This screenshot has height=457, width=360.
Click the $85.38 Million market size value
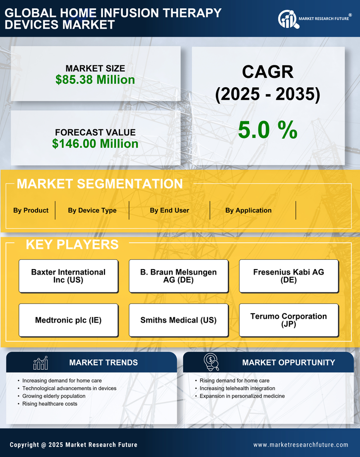point(95,80)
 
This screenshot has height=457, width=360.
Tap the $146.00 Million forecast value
point(95,144)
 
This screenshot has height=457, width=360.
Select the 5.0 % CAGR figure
point(267,129)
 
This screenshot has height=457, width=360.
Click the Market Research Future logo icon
point(287,19)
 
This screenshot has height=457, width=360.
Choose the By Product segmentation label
point(31,210)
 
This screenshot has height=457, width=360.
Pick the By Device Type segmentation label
point(92,210)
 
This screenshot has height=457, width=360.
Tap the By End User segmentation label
point(169,210)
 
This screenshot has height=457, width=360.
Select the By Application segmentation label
point(248,210)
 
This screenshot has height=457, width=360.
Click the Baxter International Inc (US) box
point(68,276)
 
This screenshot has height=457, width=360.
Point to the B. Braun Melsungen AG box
point(178,276)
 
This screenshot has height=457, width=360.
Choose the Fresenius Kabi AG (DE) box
point(289,276)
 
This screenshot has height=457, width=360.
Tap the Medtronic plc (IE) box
point(68,320)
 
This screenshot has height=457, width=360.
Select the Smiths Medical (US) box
point(178,320)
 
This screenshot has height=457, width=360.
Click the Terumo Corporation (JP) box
point(289,320)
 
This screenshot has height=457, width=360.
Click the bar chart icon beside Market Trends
point(40,363)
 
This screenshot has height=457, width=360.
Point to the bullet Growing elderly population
point(54,396)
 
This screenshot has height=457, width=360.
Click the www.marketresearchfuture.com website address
point(301,445)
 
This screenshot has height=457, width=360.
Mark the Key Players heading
point(72,244)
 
